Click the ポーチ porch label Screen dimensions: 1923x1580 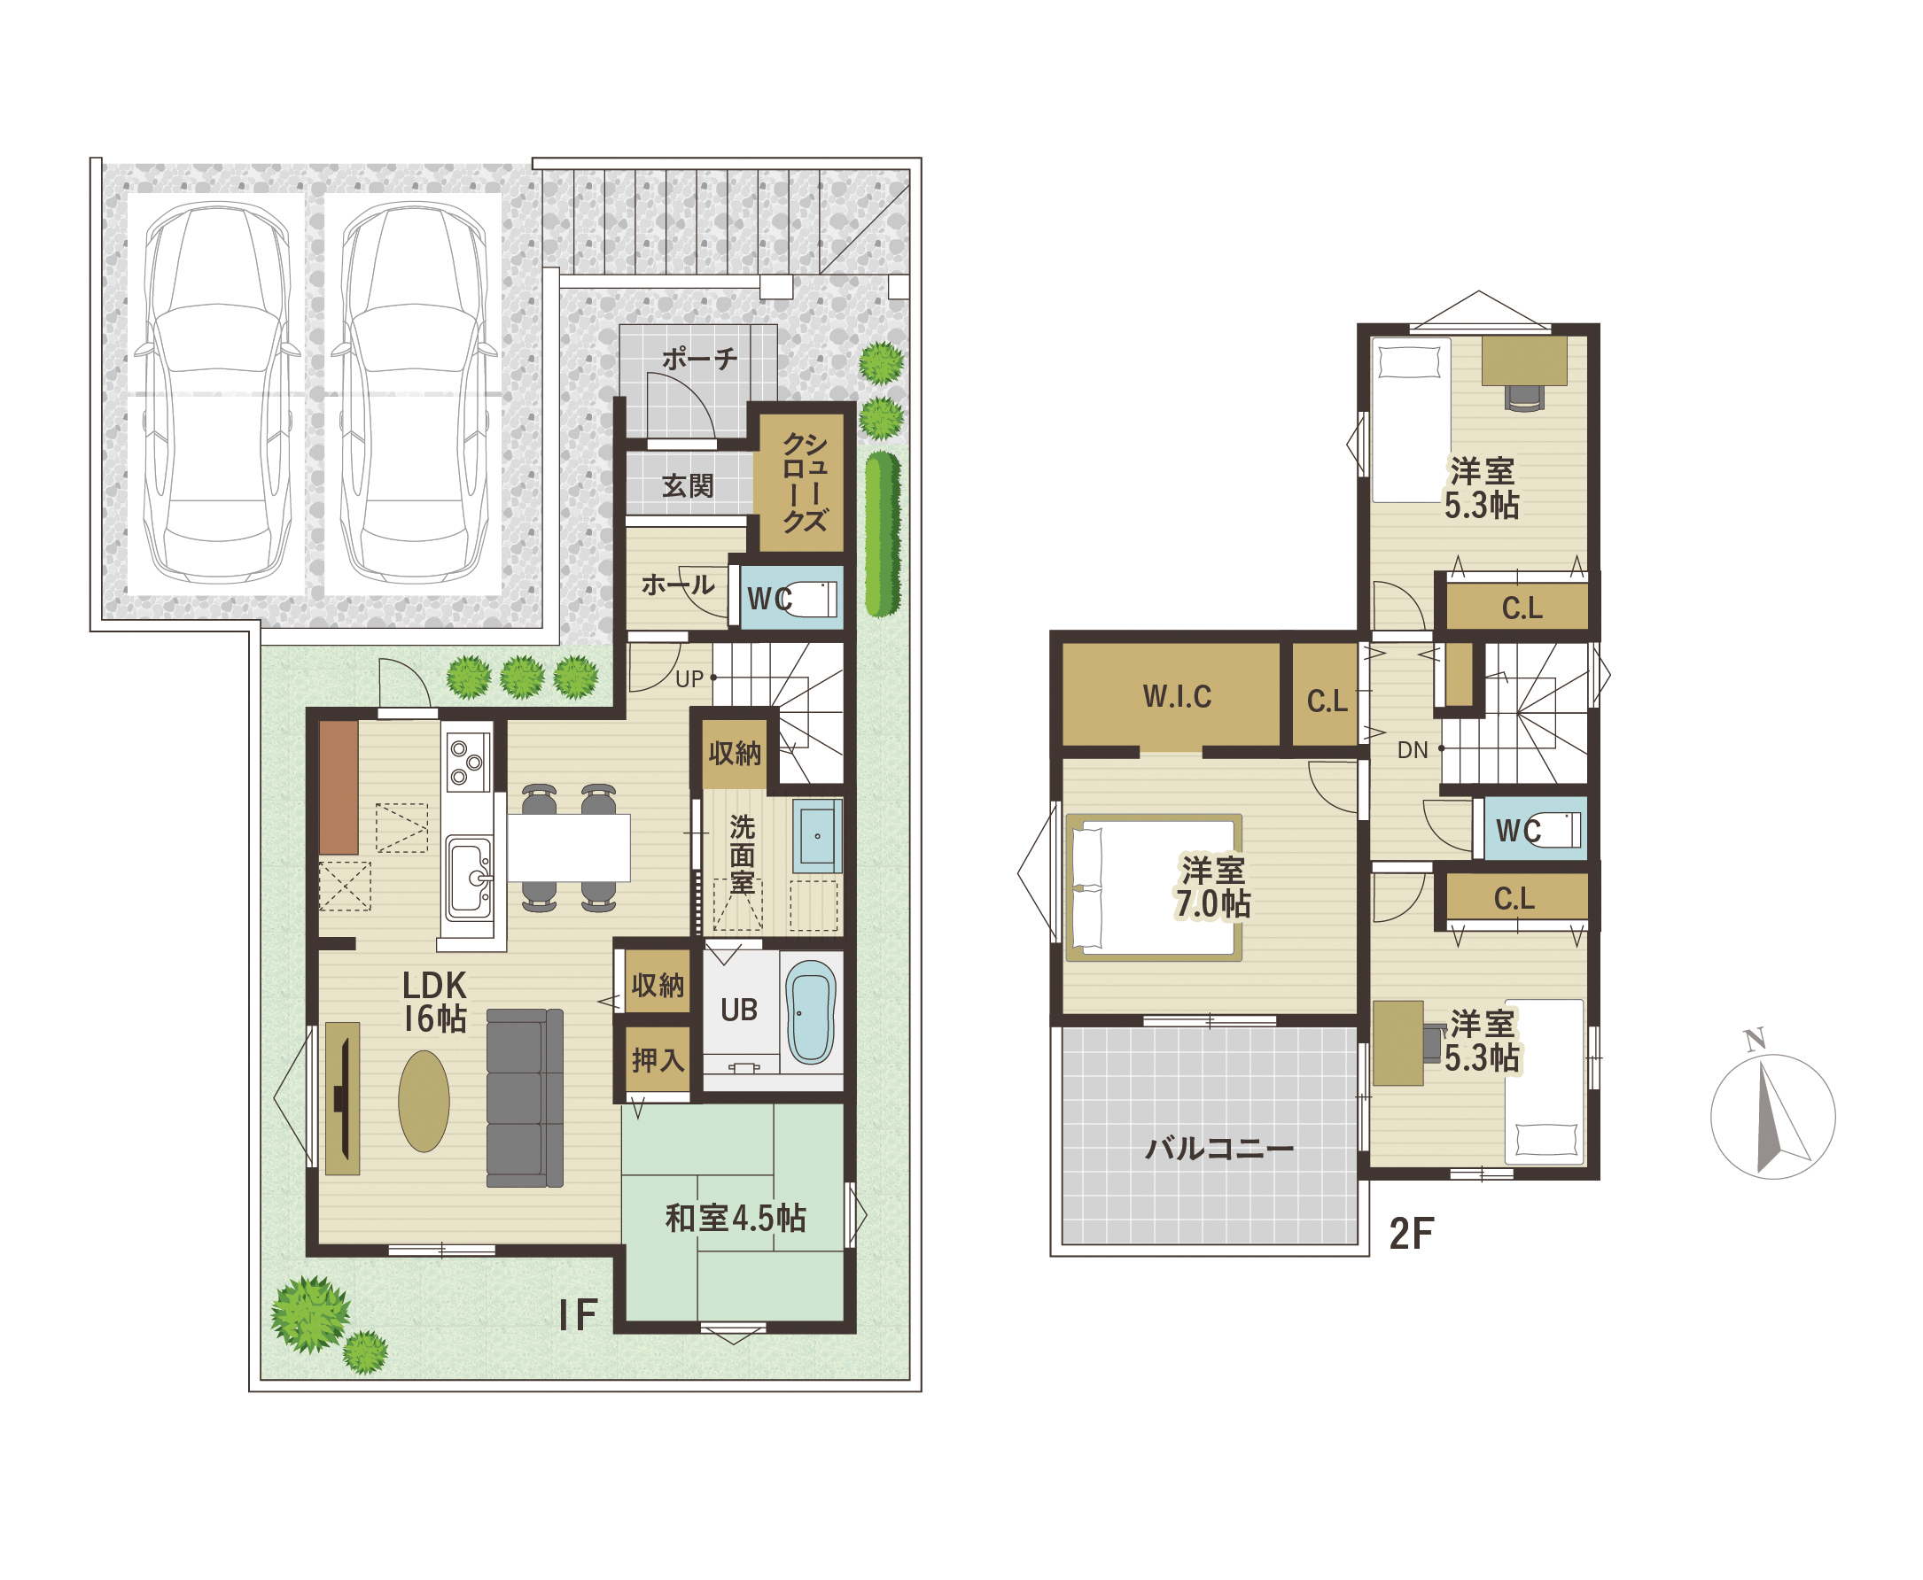click(x=698, y=358)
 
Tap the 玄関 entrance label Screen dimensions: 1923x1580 click(x=688, y=485)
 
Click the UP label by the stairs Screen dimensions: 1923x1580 click(x=689, y=678)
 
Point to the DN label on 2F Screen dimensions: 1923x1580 click(x=1413, y=750)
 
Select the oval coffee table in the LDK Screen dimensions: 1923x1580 click(x=424, y=1101)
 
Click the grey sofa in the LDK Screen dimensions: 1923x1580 click(x=525, y=1097)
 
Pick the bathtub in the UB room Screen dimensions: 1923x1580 click(x=811, y=1012)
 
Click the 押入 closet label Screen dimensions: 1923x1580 click(x=658, y=1059)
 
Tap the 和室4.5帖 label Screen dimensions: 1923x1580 click(x=736, y=1218)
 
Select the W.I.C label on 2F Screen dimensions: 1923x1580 click(x=1178, y=696)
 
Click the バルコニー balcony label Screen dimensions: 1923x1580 click(x=1219, y=1148)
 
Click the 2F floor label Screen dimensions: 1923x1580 click(x=1412, y=1233)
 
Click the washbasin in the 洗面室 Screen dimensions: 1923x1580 click(x=817, y=834)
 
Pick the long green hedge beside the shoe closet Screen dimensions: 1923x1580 click(x=883, y=534)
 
